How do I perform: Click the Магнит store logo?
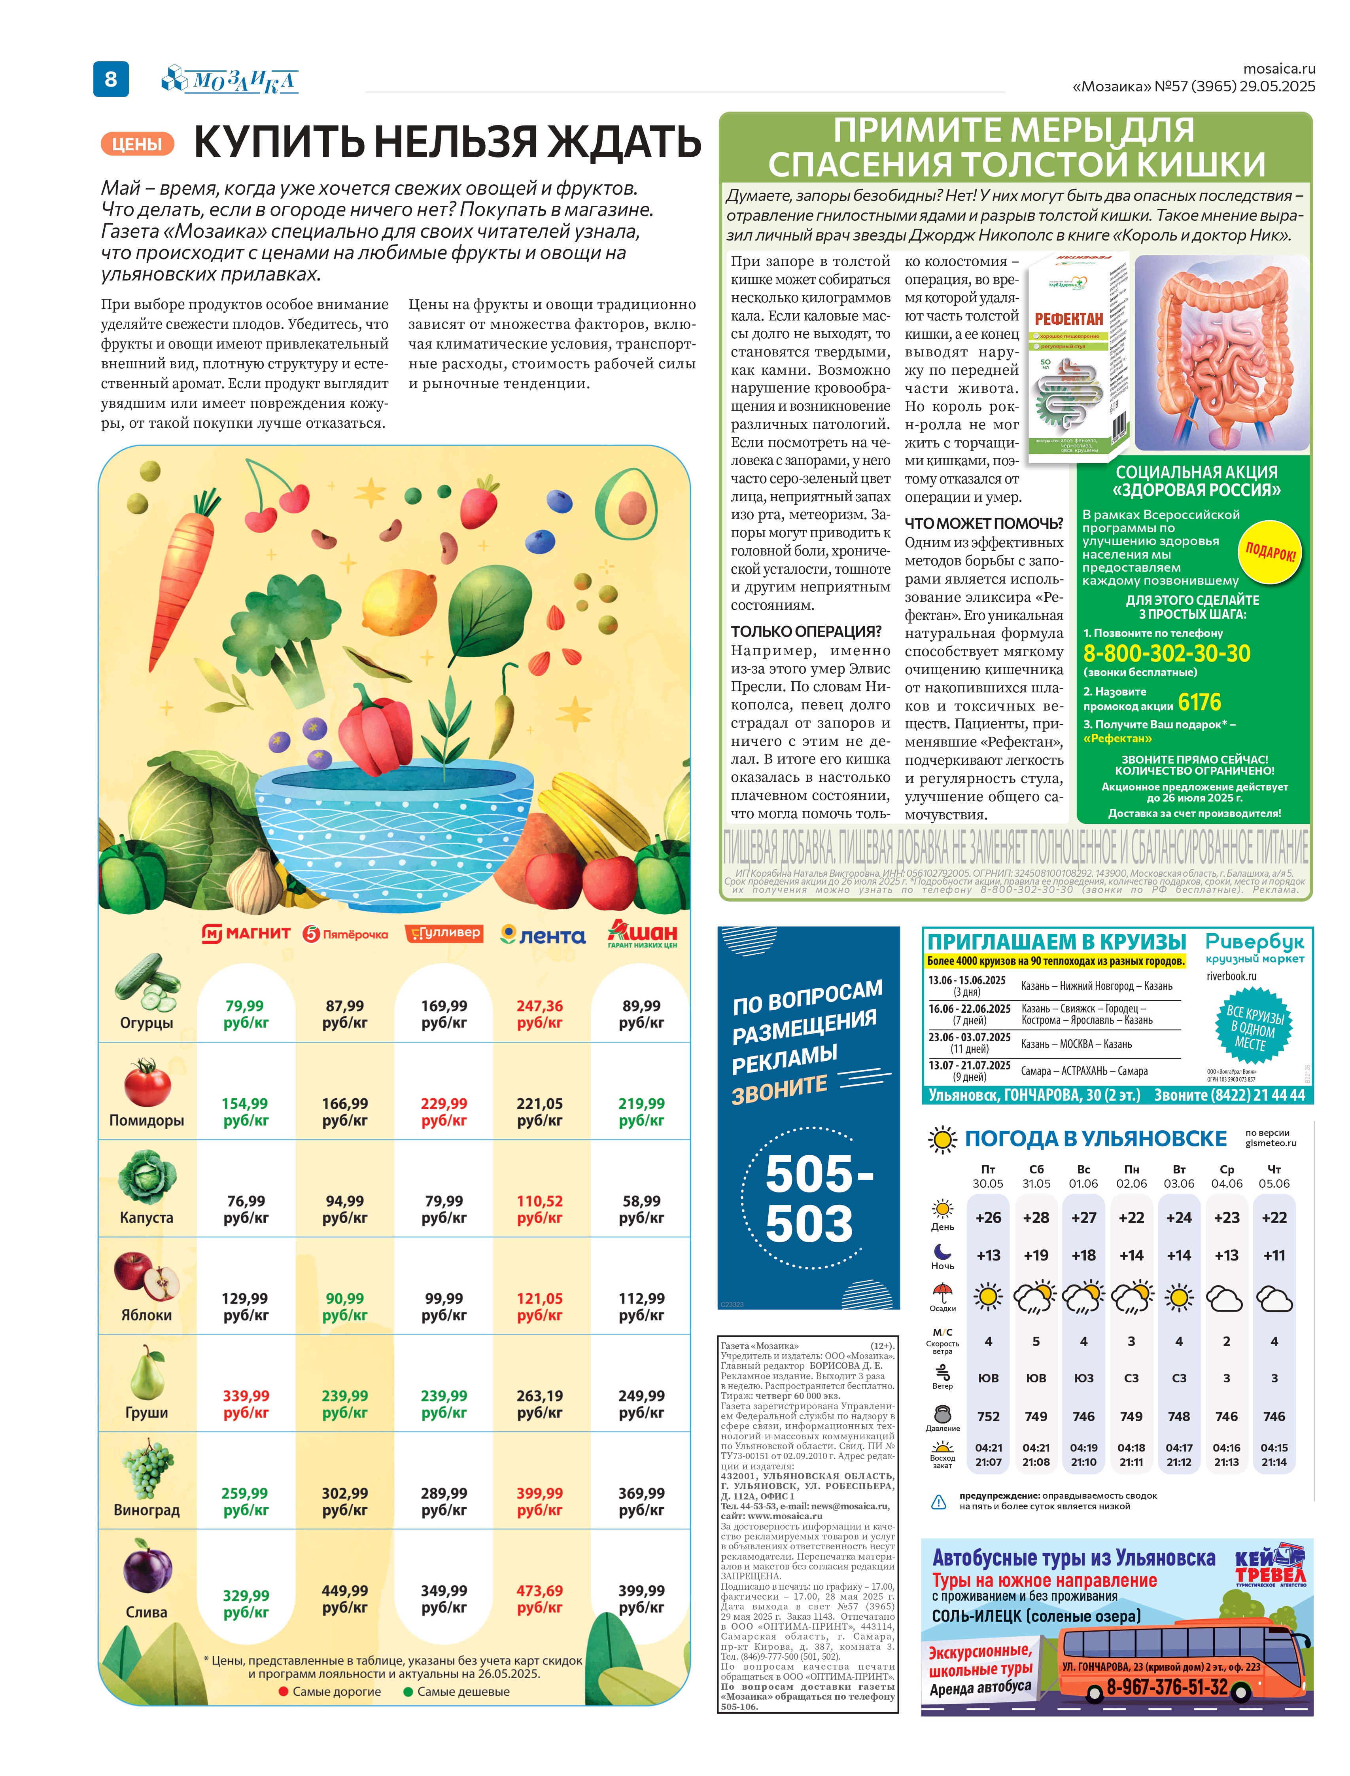[x=246, y=933]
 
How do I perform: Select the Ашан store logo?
[x=642, y=933]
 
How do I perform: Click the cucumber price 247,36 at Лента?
[x=539, y=1014]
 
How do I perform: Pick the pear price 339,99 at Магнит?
[x=246, y=1404]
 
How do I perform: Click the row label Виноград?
[x=146, y=1510]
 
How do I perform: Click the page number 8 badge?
[x=111, y=79]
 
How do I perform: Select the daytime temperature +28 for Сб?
[x=1036, y=1217]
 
